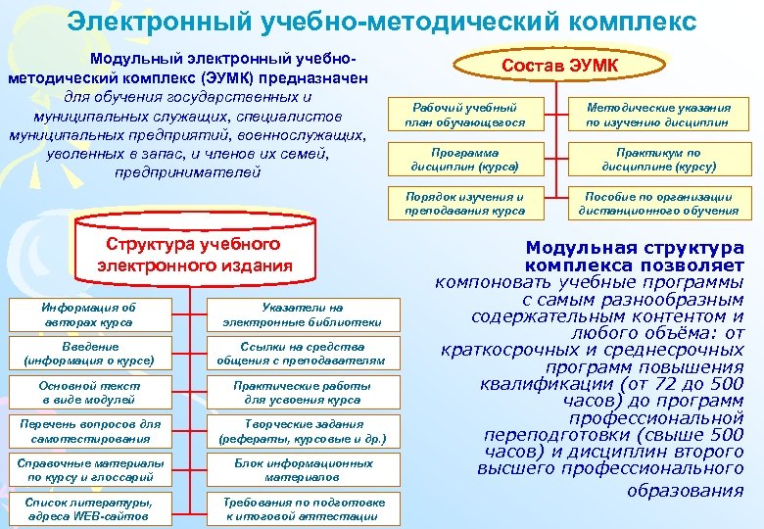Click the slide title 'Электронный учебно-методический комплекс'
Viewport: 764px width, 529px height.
click(382, 21)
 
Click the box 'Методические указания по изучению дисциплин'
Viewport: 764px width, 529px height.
click(657, 114)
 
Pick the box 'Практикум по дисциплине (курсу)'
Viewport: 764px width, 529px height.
click(657, 160)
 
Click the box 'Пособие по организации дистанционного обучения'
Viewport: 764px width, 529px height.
click(657, 204)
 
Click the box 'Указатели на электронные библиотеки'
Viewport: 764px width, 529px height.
click(302, 314)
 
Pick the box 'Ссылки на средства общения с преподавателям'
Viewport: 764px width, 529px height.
click(302, 354)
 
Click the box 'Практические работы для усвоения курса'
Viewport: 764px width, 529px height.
click(302, 393)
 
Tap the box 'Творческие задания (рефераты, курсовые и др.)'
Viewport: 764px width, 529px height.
click(302, 431)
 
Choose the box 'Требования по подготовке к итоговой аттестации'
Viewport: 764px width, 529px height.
click(302, 508)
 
